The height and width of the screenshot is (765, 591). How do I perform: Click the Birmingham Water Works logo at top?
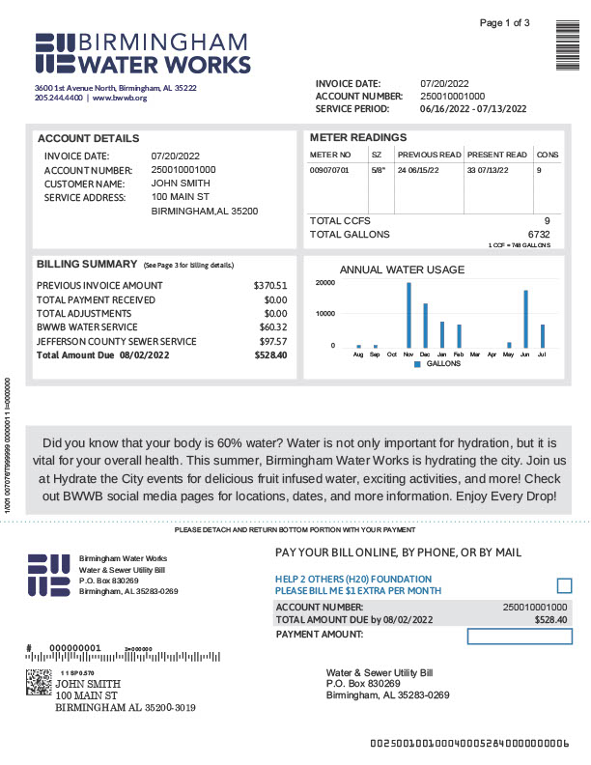click(143, 53)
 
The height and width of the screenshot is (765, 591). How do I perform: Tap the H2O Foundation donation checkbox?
click(565, 585)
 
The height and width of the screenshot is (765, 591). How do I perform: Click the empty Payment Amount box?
click(520, 636)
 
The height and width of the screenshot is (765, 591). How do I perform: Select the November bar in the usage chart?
click(408, 315)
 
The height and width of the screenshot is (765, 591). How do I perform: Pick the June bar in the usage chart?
click(525, 319)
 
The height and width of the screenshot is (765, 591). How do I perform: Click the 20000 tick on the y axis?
click(325, 283)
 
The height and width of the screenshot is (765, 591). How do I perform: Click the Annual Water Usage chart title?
click(402, 269)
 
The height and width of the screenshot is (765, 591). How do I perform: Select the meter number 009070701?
click(328, 170)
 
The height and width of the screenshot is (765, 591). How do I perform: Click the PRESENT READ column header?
click(497, 155)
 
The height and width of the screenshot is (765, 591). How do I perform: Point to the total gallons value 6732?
click(539, 234)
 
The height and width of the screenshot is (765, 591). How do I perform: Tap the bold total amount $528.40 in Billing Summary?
click(270, 355)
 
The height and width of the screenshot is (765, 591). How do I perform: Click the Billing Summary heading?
click(86, 264)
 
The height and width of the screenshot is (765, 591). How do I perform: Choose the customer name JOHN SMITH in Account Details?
click(181, 184)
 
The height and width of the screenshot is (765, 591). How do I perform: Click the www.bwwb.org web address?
click(120, 98)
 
